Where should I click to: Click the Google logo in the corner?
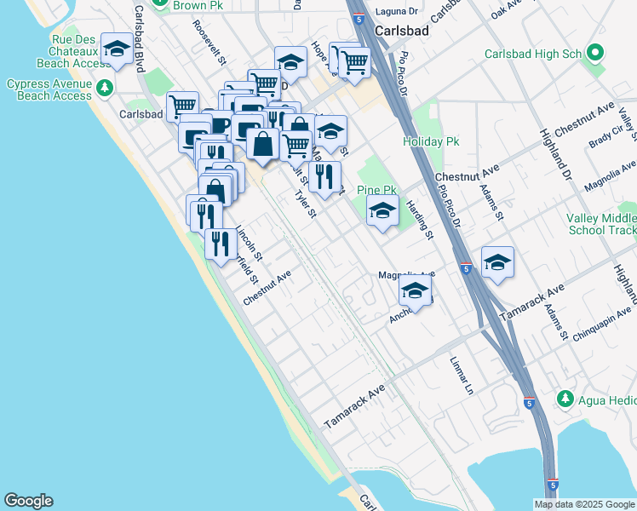28,501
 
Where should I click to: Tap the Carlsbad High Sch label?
532,54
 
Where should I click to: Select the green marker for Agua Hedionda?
564,399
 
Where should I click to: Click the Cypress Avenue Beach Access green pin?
104,87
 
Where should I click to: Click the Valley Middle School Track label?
600,224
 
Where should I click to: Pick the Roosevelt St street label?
209,43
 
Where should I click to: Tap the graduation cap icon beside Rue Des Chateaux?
117,49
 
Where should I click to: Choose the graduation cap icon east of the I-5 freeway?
497,262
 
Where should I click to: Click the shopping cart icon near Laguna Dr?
353,61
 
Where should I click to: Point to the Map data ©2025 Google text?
584,504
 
